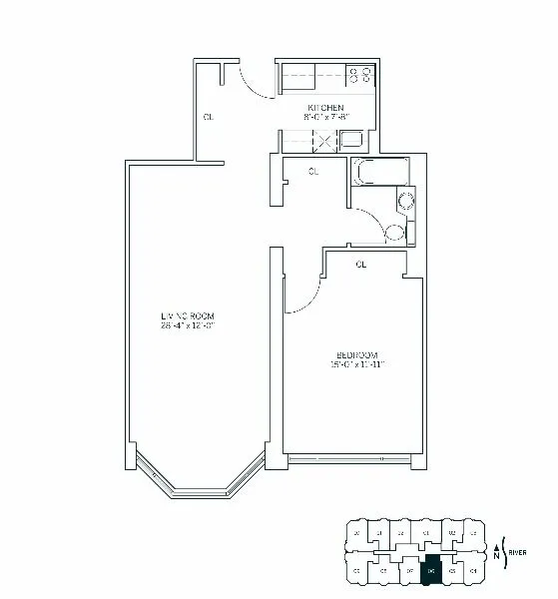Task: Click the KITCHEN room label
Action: click(325, 107)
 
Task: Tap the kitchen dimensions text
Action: click(325, 117)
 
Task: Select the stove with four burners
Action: click(359, 74)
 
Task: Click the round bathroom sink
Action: click(404, 204)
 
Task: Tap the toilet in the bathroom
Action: click(395, 234)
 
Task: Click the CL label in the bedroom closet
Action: click(360, 265)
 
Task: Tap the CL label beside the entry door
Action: click(208, 117)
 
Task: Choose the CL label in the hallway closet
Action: click(313, 172)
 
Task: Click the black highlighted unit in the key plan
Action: click(431, 573)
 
